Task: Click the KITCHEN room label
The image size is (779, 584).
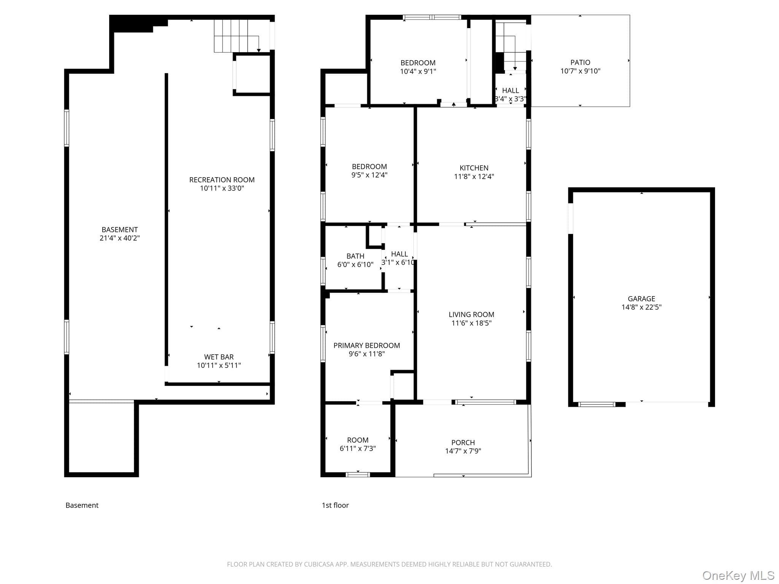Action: click(474, 168)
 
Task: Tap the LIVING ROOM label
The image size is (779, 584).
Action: click(471, 314)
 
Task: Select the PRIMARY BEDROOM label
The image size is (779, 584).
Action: click(367, 345)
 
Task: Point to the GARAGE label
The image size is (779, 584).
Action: click(641, 299)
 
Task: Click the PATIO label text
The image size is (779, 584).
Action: click(580, 62)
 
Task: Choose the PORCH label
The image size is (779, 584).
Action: click(463, 443)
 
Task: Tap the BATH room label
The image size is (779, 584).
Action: click(355, 256)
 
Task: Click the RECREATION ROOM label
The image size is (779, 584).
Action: click(222, 180)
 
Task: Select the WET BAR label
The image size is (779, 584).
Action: click(219, 357)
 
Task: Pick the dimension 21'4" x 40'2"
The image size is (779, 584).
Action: click(120, 238)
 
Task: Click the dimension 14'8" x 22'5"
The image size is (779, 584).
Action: click(641, 307)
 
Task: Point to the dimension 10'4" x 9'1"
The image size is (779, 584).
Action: click(418, 71)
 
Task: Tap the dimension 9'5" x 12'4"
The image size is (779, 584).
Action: click(369, 175)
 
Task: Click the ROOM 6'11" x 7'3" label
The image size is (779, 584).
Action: click(358, 444)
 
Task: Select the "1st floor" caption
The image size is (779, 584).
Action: click(335, 505)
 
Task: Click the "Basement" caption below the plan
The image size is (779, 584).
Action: click(82, 505)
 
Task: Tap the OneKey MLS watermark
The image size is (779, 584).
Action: click(738, 575)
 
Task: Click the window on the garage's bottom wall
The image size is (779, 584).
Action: click(596, 404)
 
